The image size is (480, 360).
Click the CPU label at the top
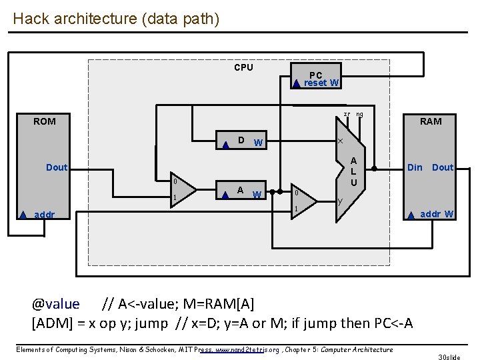coord(243,67)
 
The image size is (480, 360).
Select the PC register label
coord(316,75)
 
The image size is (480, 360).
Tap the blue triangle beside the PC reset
coord(297,84)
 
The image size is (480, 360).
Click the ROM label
coord(45,121)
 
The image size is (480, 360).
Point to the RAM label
coord(430,121)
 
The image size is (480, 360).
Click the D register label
coord(241,140)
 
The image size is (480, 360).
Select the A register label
coord(240,190)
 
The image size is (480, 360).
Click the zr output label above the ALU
coord(347,114)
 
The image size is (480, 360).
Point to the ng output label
coord(359,114)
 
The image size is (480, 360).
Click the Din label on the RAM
coord(415,167)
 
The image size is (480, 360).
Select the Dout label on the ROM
coord(57,167)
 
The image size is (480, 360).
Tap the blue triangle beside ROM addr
coord(23,215)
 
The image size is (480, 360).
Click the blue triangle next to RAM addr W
coord(412,215)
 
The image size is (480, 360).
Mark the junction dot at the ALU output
coord(375,168)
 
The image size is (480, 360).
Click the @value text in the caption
coord(56,305)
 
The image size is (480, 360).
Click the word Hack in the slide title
coord(29,18)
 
